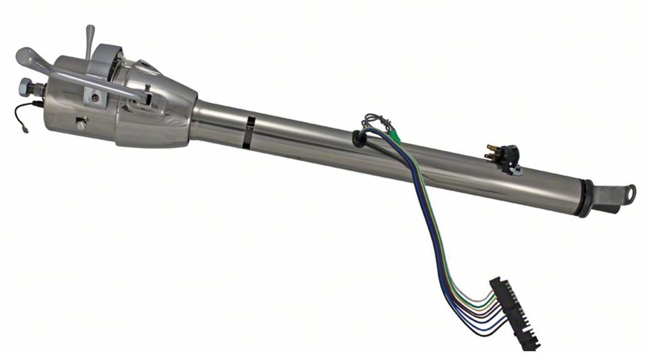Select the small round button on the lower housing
[81, 125]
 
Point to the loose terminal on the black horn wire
[24, 130]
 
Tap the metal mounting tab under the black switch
[516, 169]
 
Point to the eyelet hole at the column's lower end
[629, 191]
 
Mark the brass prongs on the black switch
[492, 152]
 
